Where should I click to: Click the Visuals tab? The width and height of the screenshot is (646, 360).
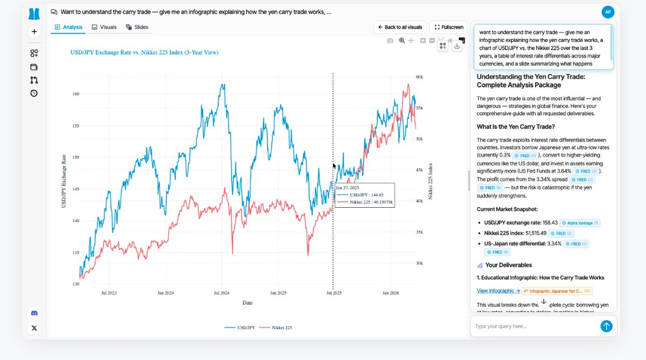(104, 27)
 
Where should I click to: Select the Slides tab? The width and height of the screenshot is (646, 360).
(137, 27)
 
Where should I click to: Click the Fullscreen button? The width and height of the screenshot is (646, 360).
(448, 27)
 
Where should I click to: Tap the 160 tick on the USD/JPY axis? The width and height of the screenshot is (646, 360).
(75, 94)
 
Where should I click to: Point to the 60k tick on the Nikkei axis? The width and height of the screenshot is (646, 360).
(419, 77)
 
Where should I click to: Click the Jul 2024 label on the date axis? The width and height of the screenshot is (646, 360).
(221, 293)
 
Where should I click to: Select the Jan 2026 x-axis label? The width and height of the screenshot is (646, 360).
(391, 293)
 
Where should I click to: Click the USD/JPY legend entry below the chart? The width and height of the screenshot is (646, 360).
(240, 327)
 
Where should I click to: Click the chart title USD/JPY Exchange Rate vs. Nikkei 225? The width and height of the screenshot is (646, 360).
(144, 52)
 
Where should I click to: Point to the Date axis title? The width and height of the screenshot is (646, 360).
(247, 303)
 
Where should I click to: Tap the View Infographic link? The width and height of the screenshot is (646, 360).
(498, 291)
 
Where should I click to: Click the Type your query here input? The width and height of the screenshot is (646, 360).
(533, 326)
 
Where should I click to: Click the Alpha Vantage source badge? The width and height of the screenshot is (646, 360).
(580, 223)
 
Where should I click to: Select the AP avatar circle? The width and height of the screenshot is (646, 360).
(607, 12)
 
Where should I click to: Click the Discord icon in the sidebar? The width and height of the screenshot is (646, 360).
(34, 313)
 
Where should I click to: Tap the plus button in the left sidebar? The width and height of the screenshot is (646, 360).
(34, 32)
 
